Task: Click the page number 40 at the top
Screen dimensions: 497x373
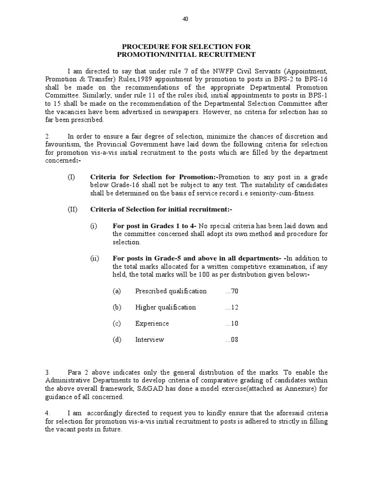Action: click(185, 19)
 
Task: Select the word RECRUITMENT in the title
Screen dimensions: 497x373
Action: click(224, 55)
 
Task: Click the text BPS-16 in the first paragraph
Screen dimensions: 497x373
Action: click(316, 78)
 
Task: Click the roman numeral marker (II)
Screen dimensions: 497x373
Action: click(72, 209)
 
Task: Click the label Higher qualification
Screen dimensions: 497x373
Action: click(166, 307)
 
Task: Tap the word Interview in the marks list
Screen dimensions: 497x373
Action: click(150, 340)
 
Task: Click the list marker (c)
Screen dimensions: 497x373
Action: click(117, 323)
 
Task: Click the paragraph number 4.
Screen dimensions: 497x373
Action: click(48, 413)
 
